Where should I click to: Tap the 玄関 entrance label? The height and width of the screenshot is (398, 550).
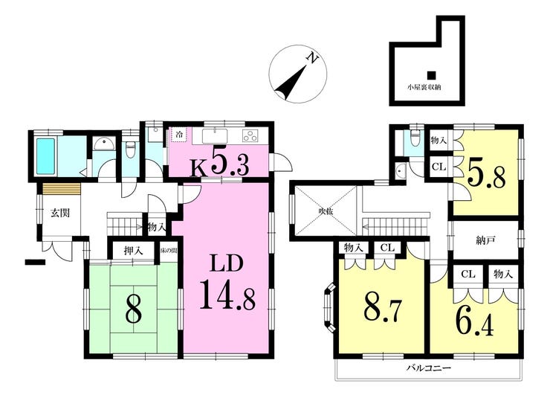(x=60, y=213)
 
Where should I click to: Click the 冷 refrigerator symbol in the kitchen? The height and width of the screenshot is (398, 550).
(x=179, y=135)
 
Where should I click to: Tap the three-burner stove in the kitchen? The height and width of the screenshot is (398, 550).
(x=250, y=135)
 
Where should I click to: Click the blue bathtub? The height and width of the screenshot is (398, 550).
(x=46, y=156)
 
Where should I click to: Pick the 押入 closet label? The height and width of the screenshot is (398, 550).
(x=133, y=251)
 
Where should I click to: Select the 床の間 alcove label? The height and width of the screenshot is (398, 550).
(x=166, y=251)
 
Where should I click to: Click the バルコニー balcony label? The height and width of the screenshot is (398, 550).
(x=429, y=368)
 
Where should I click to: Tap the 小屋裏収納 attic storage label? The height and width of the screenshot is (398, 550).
(x=424, y=87)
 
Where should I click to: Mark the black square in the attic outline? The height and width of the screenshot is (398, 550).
(x=431, y=75)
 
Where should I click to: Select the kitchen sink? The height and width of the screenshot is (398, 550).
(x=214, y=136)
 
